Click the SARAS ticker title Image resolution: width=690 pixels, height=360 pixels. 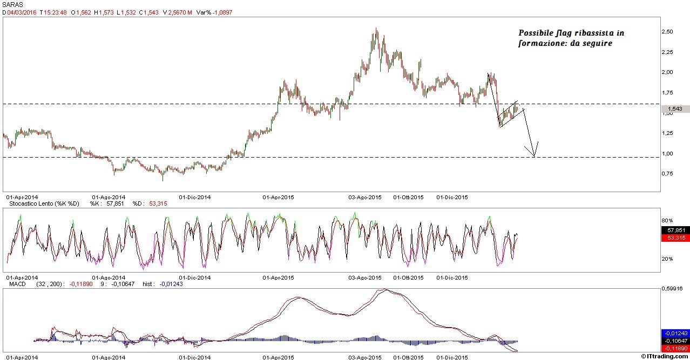click(x=11, y=4)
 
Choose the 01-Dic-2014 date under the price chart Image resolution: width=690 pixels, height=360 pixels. click(x=194, y=198)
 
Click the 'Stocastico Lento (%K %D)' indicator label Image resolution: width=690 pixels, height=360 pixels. click(x=42, y=203)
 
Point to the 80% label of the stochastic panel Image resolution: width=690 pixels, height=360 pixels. click(x=668, y=221)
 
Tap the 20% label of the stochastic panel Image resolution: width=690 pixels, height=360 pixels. click(x=668, y=259)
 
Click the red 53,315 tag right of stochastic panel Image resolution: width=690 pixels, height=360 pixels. click(x=675, y=238)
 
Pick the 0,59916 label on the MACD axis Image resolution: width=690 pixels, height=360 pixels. click(x=674, y=289)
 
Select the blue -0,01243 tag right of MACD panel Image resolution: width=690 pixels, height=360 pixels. click(x=675, y=333)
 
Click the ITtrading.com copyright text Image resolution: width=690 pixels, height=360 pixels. click(x=666, y=356)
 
